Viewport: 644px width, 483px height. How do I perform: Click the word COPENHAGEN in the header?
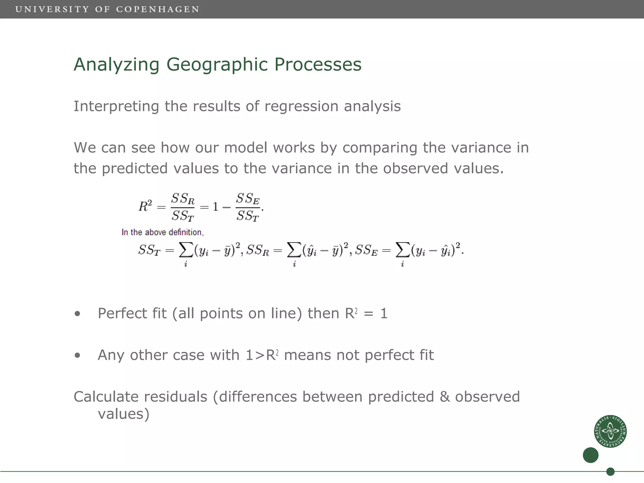click(158, 9)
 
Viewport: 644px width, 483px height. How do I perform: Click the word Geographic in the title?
click(217, 64)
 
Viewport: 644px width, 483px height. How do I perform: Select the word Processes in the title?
click(318, 64)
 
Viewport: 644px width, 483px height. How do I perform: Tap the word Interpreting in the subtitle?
click(116, 106)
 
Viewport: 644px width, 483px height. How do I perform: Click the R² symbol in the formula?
click(145, 206)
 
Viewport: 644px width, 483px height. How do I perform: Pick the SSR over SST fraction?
click(183, 207)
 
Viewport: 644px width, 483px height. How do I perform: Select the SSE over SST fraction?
click(248, 207)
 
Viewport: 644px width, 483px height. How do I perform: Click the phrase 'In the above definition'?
click(162, 232)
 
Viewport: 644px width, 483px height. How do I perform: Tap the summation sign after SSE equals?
click(402, 251)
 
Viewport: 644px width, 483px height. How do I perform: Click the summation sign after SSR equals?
click(294, 251)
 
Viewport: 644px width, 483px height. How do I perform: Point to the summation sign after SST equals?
click(186, 251)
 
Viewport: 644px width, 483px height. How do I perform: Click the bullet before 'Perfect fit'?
click(77, 314)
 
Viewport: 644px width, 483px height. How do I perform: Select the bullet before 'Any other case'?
click(77, 356)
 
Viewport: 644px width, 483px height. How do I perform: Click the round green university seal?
click(610, 431)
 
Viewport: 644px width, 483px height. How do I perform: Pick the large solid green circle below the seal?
click(591, 455)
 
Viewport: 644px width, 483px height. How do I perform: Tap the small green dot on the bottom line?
click(610, 472)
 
